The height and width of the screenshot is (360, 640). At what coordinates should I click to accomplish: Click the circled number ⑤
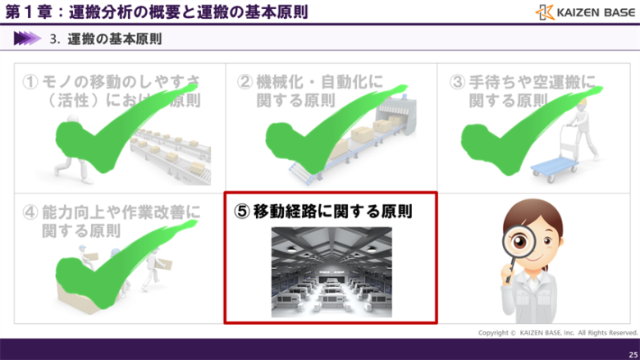pos(241,211)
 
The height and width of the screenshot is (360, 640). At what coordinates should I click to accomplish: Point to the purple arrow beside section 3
pos(27,38)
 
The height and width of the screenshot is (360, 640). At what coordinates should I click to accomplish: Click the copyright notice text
pos(558,333)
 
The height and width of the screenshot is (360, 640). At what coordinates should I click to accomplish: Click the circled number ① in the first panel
pos(30,82)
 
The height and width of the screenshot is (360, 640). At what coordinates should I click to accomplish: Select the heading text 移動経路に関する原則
pos(331,211)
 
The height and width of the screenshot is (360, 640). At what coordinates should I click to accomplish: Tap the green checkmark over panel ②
pos(320,123)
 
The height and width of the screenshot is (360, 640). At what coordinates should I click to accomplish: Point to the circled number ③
pos(458,82)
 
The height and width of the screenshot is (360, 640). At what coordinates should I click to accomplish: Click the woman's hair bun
pos(534,206)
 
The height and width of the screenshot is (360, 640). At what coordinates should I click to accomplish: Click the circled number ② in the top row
pos(245,82)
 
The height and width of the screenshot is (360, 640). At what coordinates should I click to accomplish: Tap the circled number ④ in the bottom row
pos(30,212)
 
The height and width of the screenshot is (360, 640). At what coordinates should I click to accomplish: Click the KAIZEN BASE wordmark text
pos(593,12)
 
